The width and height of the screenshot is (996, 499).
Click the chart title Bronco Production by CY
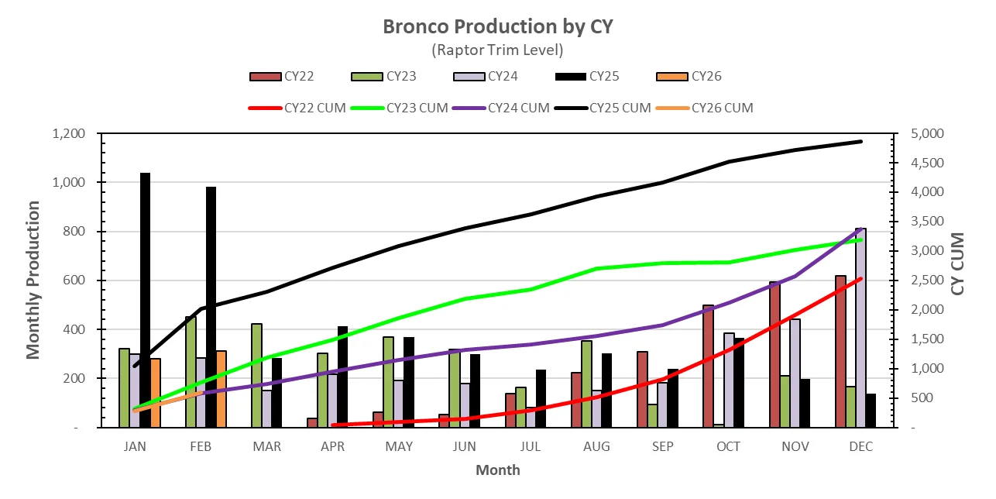click(x=497, y=26)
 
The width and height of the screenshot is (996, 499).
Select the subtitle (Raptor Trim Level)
click(x=497, y=50)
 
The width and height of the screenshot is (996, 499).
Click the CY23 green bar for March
click(x=256, y=375)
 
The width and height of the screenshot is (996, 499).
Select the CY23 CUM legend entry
click(x=398, y=108)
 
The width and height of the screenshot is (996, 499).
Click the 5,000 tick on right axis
click(x=922, y=134)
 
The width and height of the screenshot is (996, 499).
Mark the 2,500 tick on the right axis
click(x=922, y=280)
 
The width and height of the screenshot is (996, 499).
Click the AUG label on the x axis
click(x=596, y=447)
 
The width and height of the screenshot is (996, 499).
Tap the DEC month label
click(x=860, y=447)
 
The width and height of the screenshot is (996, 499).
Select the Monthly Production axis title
click(x=33, y=280)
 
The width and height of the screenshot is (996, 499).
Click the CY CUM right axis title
click(x=958, y=263)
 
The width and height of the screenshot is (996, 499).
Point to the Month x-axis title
click(x=497, y=470)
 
